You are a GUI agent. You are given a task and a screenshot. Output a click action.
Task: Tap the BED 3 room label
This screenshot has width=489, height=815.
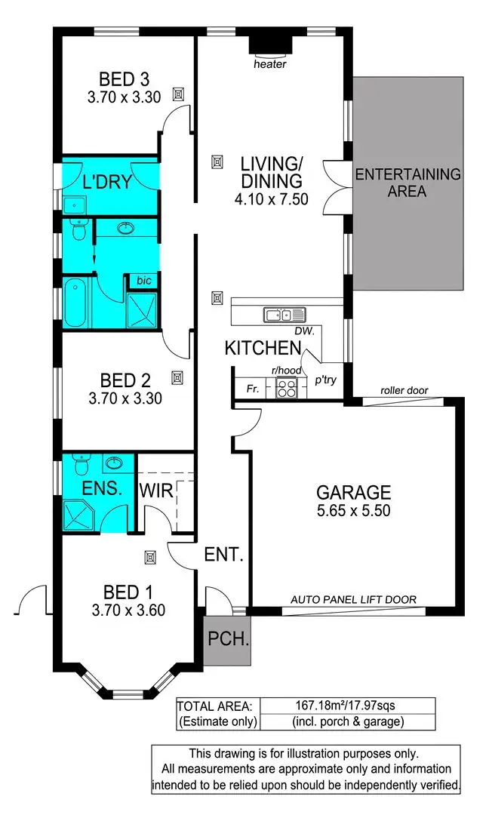click(x=124, y=78)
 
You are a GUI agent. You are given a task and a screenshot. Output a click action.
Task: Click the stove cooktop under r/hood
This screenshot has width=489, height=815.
click(x=288, y=388)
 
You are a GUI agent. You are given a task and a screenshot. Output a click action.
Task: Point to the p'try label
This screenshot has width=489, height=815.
click(x=326, y=380)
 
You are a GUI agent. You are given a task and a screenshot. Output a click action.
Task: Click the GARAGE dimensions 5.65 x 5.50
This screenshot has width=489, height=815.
click(x=353, y=512)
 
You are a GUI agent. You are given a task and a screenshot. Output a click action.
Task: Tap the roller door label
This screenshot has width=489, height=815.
click(x=404, y=391)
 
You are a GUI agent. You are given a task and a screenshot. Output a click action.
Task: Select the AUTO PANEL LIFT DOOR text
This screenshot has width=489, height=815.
click(x=353, y=601)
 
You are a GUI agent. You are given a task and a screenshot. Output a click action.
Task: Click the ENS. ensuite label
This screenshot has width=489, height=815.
click(x=103, y=488)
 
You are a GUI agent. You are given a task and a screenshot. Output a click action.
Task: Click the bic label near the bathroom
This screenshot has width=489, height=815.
click(x=143, y=281)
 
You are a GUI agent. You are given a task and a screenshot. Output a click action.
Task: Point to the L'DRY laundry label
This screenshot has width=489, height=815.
click(x=107, y=182)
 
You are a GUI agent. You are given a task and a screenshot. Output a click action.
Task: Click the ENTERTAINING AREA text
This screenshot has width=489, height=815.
click(x=407, y=183)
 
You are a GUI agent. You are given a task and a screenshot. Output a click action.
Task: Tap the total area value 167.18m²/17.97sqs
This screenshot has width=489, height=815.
click(x=346, y=706)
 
